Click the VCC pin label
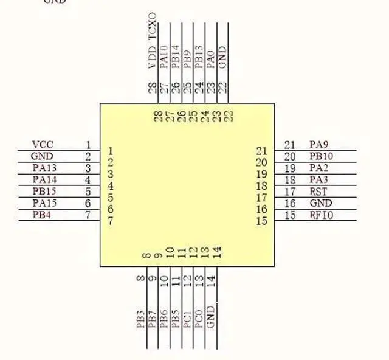coord(43,145)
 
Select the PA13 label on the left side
coord(44,168)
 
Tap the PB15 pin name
coord(44,192)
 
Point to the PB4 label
coord(41,215)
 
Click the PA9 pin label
coord(319,145)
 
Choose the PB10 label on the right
coord(321,156)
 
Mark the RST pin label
coord(318,192)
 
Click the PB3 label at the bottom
coord(140,319)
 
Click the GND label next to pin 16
coord(321,203)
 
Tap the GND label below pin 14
coord(211,317)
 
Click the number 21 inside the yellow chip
coord(262,151)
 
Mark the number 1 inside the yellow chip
coord(110,151)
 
